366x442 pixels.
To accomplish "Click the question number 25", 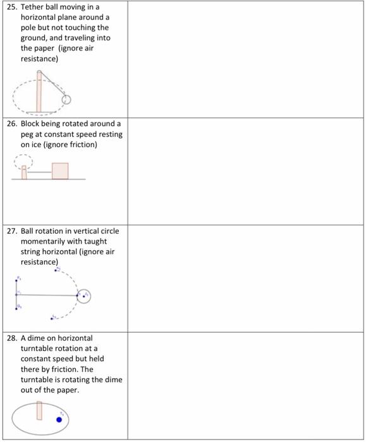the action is point(13,8).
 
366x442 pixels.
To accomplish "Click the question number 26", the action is point(13,124).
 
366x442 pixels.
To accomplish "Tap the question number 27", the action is point(13,231).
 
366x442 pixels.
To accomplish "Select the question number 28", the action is point(13,338).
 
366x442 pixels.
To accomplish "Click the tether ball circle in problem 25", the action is point(66,100).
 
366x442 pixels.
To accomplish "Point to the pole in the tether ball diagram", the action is point(40,92).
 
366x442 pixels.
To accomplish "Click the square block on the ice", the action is point(60,171).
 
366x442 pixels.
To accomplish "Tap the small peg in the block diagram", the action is point(24,172).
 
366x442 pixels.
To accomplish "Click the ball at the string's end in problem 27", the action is point(85,295).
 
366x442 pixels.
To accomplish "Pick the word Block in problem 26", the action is point(31,124).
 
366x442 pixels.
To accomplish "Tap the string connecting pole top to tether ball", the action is point(53,85).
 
